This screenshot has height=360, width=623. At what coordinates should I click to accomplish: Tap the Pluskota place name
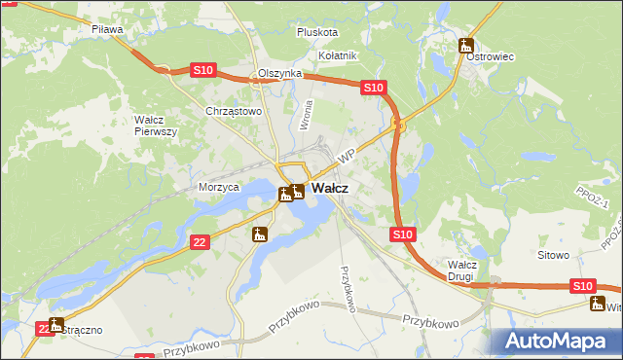(316, 32)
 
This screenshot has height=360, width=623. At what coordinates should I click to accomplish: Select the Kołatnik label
(339, 56)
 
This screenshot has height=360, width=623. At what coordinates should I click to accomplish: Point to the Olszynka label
(279, 74)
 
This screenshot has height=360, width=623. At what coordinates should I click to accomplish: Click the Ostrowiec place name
(490, 57)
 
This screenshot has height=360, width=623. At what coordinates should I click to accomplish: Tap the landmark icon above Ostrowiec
(466, 45)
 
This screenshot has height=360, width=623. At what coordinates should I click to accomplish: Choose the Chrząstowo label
(234, 112)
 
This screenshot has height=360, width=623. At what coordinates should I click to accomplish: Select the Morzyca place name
(218, 187)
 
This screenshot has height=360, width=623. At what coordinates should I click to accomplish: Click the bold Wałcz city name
(331, 189)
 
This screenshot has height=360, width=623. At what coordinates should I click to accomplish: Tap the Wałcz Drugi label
(461, 270)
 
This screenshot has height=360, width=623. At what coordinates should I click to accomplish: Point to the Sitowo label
(553, 255)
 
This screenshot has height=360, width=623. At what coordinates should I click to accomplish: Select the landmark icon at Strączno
(55, 325)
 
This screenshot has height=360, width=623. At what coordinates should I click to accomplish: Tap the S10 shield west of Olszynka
(202, 70)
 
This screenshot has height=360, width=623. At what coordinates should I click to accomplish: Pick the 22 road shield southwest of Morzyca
(199, 241)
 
